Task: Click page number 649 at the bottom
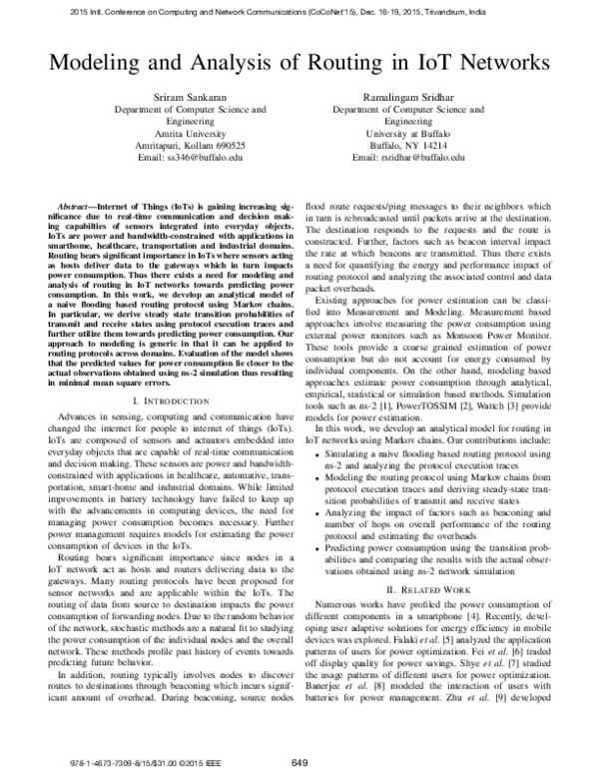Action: pyautogui.click(x=299, y=762)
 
